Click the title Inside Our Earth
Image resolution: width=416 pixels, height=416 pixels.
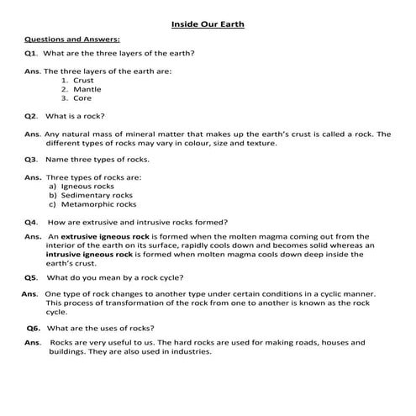208,24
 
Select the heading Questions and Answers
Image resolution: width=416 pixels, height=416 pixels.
71,39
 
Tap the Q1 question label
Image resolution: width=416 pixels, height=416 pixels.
31,54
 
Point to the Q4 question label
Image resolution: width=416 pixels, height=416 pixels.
32,223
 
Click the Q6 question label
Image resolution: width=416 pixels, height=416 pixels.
34,328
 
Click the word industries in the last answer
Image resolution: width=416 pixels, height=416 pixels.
191,351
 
